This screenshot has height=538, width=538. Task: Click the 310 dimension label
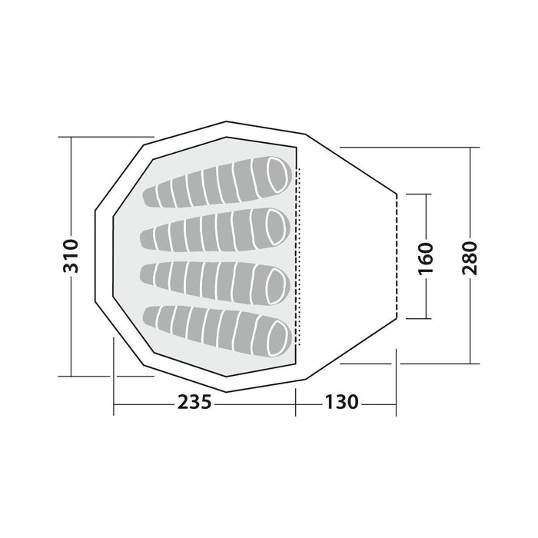71,256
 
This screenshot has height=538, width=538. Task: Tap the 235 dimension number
194,402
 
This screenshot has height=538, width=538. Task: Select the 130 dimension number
341,402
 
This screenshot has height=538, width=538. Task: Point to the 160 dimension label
426,259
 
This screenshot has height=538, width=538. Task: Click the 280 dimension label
470,258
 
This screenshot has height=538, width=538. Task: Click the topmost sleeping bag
217,182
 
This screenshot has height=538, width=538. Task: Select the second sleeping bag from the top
215,230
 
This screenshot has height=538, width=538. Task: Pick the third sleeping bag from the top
215,283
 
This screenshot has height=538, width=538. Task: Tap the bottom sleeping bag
217,330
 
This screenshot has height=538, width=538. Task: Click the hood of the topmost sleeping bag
277,174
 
